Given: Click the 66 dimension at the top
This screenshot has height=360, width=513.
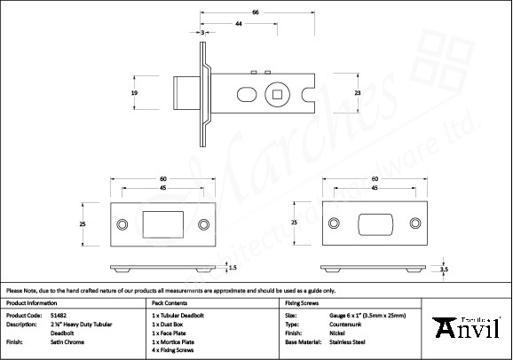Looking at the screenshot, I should coord(256,13).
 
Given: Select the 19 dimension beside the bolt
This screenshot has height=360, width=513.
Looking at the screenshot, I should coord(134,92).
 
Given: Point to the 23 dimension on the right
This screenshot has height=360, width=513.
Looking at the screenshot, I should coord(358,93).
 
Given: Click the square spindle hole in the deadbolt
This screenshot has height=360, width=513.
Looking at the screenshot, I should coord(280,94).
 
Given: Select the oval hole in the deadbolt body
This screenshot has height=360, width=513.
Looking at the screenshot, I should coord(248,94).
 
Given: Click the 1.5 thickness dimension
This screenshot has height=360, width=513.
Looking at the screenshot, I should coord(233,266).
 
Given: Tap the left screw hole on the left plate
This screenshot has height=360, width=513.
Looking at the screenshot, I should coord(123,224).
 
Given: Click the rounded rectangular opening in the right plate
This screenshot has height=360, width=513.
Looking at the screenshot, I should coord(377,224).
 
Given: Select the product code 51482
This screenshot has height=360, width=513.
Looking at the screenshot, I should coord(58,315).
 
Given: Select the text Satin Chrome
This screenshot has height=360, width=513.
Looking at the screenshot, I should coord(67,341).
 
